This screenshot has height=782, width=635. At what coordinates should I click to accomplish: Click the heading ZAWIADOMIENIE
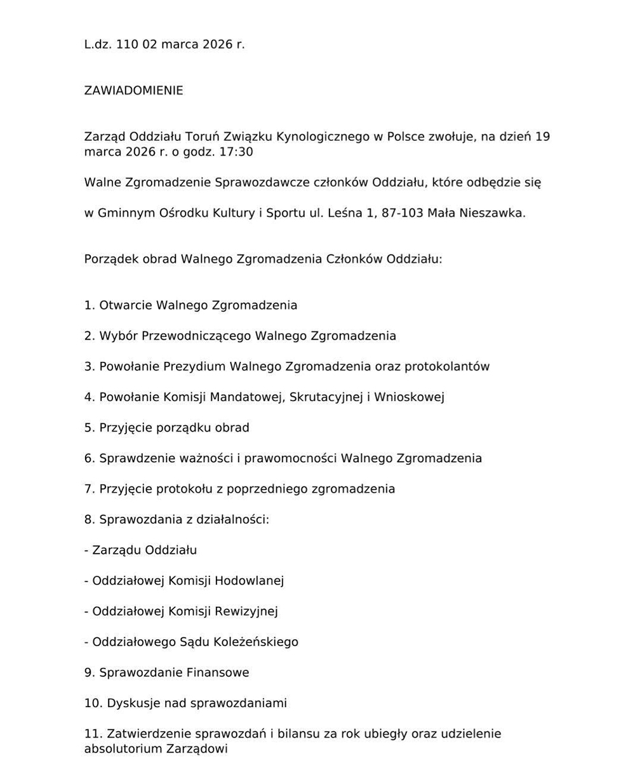tap(133, 91)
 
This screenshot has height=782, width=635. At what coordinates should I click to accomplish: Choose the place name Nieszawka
tap(493, 213)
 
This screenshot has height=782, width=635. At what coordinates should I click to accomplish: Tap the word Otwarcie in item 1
tap(126, 305)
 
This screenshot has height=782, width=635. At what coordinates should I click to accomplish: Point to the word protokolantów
tap(447, 366)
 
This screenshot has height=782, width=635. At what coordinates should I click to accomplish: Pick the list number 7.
tap(88, 489)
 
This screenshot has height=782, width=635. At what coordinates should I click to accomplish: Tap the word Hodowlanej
tap(250, 581)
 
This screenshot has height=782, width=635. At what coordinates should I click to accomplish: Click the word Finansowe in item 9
tap(218, 672)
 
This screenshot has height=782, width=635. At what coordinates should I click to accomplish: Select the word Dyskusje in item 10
tap(133, 703)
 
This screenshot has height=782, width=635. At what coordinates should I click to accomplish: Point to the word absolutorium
tap(123, 749)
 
